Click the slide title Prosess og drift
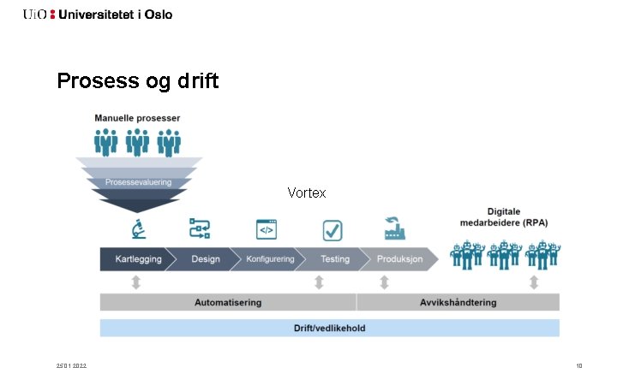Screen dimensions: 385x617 137,81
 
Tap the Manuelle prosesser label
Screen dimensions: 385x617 137,117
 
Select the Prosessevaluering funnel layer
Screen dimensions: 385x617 139,182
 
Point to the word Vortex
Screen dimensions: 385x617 307,193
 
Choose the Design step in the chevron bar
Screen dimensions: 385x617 205,259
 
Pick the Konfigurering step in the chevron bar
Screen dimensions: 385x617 270,259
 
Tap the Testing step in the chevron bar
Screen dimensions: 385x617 334,259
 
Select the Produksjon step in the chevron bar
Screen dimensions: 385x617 400,259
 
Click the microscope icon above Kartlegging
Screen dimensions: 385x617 136,229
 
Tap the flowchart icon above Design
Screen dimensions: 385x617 200,228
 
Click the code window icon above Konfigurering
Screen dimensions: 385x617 267,229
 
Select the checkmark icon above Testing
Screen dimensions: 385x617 332,229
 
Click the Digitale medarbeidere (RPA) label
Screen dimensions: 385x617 506,217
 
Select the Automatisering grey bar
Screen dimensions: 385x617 228,302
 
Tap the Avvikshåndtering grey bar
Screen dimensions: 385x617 458,302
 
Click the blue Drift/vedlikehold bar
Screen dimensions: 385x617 330,328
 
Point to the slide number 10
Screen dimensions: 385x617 579,366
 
